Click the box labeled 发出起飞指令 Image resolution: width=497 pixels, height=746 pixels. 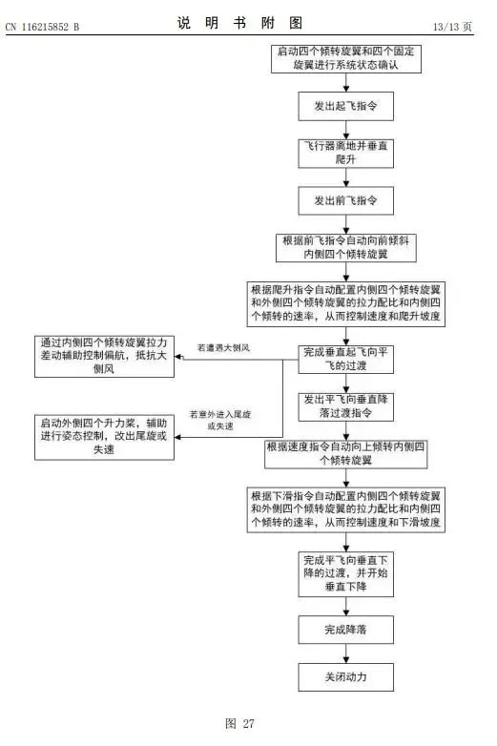point(345,106)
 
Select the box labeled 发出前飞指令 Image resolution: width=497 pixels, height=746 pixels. point(345,200)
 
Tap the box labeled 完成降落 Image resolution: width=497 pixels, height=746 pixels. point(345,630)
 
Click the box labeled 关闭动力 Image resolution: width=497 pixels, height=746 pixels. point(345,676)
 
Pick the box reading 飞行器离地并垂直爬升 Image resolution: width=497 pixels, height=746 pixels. point(345,154)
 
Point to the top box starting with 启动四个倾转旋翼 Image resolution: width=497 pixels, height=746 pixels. point(346,58)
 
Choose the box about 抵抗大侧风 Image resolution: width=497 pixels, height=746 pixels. point(104,357)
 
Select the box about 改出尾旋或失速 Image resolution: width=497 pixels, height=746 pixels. point(104,437)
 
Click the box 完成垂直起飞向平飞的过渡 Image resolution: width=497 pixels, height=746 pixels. point(345,360)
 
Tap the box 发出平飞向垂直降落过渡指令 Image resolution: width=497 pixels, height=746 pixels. point(345,406)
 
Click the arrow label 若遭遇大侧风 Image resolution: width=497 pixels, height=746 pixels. point(223,348)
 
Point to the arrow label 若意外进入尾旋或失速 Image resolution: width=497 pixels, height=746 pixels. point(220,420)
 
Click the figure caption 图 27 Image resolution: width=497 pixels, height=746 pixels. point(239,724)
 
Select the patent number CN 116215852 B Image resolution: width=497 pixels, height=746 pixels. point(42,27)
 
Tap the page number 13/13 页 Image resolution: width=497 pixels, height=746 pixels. point(452,27)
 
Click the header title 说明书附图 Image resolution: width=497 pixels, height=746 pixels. point(239,23)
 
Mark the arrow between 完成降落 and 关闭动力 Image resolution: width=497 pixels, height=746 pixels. point(345,653)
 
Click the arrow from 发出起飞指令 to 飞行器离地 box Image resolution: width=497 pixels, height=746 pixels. point(345,130)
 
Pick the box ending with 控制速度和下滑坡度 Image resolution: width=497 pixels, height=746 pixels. point(345,509)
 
